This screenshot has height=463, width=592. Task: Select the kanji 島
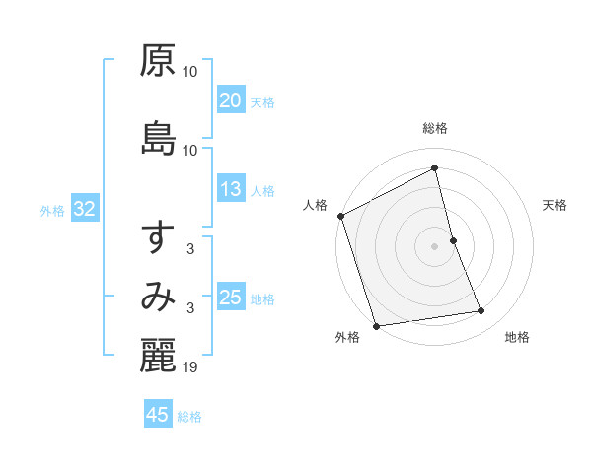pos(158,138)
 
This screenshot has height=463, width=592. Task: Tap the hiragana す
pos(158,237)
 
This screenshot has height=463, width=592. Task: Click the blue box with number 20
pos(230,100)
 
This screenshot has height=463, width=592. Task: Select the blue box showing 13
pos(230,190)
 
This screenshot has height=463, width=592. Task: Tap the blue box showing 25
pos(230,298)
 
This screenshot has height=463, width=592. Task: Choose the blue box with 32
pos(84,209)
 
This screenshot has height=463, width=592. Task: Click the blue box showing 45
pos(158,415)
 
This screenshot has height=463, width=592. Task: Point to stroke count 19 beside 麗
pos(190,367)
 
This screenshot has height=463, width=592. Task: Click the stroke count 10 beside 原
pos(190,72)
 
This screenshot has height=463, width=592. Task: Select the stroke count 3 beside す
pos(190,249)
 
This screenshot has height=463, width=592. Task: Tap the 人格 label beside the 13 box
pos(261,191)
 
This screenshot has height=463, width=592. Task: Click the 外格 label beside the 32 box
pos(52,210)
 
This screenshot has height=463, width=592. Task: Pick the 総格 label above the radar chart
pos(434,128)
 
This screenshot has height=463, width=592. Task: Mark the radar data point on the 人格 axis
pos(340,216)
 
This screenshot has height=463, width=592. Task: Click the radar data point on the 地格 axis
pos(481,311)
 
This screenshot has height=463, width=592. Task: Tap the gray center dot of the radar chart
pos(434,246)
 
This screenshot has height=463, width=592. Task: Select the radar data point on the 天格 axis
pos(453,240)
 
